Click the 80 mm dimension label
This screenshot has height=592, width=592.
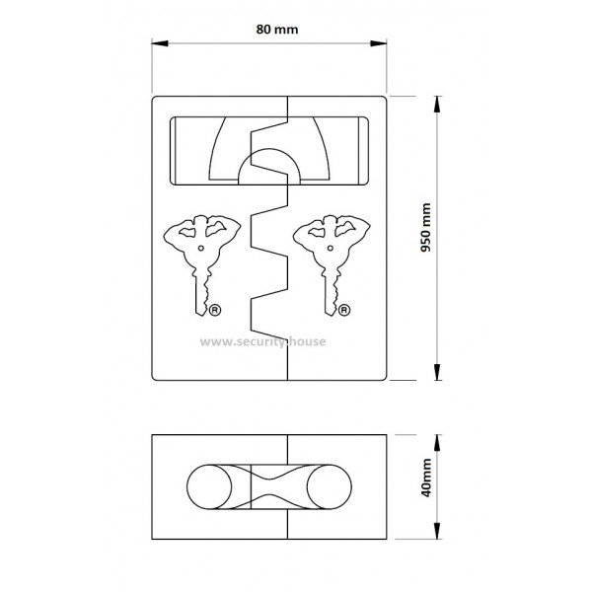pyautogui.click(x=277, y=30)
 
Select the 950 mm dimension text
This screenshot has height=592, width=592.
pyautogui.click(x=426, y=228)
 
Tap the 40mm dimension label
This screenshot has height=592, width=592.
pyautogui.click(x=426, y=478)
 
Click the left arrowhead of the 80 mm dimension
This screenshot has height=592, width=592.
pyautogui.click(x=160, y=43)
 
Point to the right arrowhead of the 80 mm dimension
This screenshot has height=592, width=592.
pyautogui.click(x=378, y=43)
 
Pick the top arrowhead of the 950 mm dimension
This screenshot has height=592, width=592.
pyautogui.click(x=437, y=105)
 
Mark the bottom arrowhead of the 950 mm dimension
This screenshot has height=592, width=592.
pyautogui.click(x=437, y=372)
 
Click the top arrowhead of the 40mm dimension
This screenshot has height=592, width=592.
pyautogui.click(x=437, y=442)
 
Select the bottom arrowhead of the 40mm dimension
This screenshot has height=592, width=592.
pyautogui.click(x=437, y=531)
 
